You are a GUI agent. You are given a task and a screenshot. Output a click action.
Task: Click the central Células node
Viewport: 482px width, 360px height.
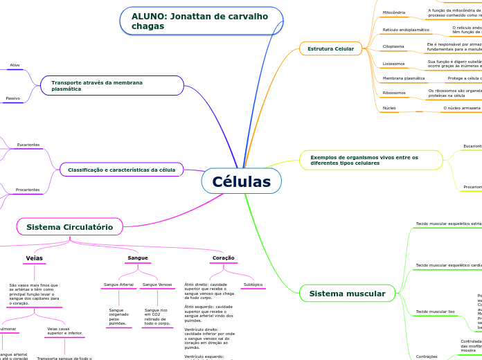pyautogui.click(x=241, y=181)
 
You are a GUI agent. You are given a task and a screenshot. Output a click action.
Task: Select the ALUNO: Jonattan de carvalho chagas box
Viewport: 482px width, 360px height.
pyautogui.click(x=201, y=21)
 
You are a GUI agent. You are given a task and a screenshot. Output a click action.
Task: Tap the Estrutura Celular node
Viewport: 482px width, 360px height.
pyautogui.click(x=330, y=48)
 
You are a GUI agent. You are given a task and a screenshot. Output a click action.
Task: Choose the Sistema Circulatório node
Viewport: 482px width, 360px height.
pyautogui.click(x=69, y=226)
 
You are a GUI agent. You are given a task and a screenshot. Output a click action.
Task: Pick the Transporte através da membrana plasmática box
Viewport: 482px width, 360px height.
pyautogui.click(x=111, y=86)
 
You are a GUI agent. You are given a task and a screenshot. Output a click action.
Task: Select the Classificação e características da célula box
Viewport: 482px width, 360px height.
pyautogui.click(x=121, y=170)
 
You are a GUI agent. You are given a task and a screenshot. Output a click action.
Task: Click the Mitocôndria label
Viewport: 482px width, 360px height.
pyautogui.click(x=394, y=12)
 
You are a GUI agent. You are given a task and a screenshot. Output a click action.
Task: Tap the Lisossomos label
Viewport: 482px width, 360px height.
pyautogui.click(x=394, y=63)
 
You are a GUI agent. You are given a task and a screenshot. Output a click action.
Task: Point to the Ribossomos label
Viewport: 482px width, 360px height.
pyautogui.click(x=394, y=92)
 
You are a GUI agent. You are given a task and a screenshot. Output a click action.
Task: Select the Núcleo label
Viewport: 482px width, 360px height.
pyautogui.click(x=389, y=108)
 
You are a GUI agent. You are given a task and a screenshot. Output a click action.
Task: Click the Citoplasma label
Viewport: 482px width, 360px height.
pyautogui.click(x=394, y=46)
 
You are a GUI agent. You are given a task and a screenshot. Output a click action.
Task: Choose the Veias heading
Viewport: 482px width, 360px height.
pyautogui.click(x=34, y=258)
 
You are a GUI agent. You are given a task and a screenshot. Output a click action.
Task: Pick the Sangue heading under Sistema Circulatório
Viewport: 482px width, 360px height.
pyautogui.click(x=138, y=258)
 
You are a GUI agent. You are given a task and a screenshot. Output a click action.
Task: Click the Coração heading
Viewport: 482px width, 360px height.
pyautogui.click(x=223, y=258)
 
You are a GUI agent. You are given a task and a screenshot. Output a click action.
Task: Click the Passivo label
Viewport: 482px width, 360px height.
pyautogui.click(x=12, y=98)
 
